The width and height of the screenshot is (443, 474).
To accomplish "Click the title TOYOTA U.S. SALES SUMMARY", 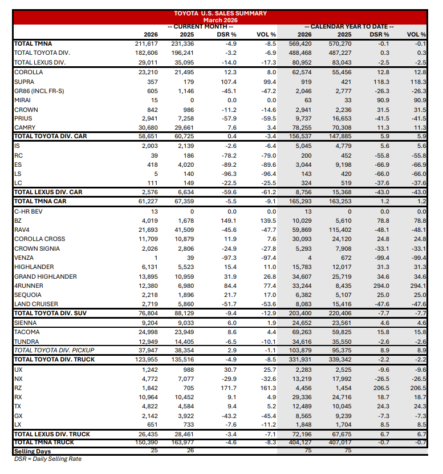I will (220, 13).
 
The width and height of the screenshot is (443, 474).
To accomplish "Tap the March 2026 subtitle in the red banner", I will (220, 20).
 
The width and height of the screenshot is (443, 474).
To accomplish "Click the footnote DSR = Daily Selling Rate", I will (47, 459).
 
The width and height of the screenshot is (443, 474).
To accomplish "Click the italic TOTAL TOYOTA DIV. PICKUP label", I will (54, 350).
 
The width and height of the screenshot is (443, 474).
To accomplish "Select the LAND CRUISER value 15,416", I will (340, 304).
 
